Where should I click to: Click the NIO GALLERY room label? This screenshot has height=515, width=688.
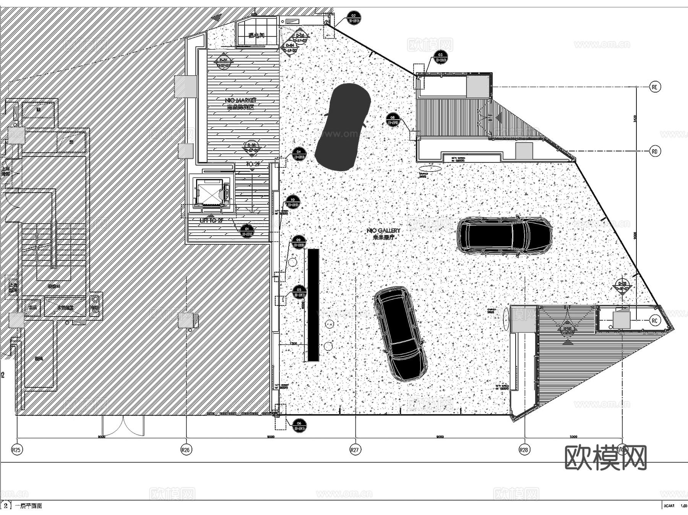[383, 231]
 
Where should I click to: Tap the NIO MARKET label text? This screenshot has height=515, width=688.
[241, 100]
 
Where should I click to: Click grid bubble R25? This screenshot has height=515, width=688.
[16, 450]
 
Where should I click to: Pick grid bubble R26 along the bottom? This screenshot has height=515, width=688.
[186, 450]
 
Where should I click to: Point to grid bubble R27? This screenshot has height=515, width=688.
[355, 450]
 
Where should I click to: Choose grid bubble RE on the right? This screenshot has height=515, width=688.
[655, 87]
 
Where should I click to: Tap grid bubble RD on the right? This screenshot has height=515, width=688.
[655, 151]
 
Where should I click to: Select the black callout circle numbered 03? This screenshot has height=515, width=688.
[440, 57]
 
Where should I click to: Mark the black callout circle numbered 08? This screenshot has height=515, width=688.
[393, 120]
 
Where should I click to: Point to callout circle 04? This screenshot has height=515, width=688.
[299, 154]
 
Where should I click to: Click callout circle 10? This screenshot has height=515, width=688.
[293, 202]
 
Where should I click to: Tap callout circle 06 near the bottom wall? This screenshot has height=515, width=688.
[299, 426]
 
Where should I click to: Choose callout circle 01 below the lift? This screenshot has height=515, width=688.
[247, 231]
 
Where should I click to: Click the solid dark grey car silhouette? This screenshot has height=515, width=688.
[343, 127]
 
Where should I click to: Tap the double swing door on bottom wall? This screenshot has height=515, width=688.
[123, 426]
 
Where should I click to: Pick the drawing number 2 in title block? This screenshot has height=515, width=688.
[5, 505]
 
